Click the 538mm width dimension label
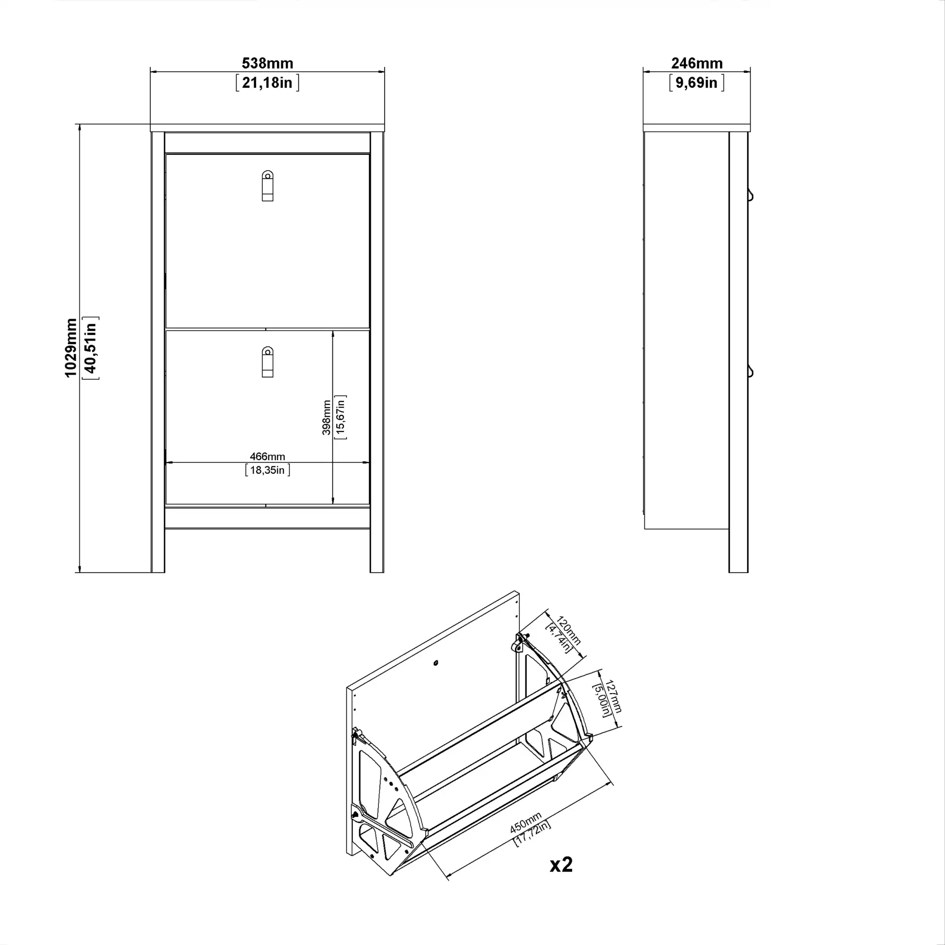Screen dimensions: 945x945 click(267, 63)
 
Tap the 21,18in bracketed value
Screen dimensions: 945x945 click(267, 83)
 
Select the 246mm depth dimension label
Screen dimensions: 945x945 click(696, 63)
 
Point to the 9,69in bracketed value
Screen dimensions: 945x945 click(696, 83)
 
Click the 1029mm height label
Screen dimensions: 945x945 click(71, 348)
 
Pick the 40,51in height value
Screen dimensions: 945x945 click(91, 348)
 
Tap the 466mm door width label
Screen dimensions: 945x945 click(267, 456)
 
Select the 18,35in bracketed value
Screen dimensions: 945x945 click(267, 470)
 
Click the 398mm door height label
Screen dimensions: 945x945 click(326, 417)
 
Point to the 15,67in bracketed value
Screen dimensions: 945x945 click(340, 417)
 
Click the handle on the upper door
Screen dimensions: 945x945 click(267, 186)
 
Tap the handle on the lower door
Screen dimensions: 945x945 click(267, 362)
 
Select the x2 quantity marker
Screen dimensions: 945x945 click(560, 865)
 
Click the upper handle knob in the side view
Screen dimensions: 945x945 click(750, 196)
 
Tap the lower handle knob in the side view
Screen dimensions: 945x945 click(750, 372)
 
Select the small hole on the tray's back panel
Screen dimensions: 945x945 click(436, 663)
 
